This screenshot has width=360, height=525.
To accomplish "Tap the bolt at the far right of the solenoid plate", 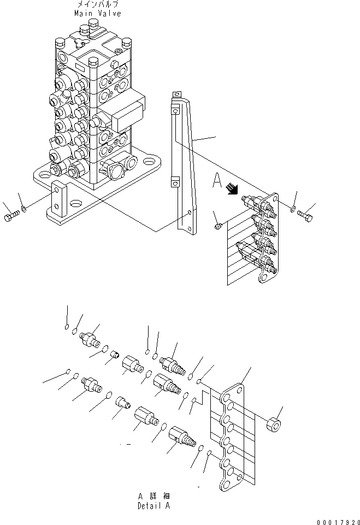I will click(x=306, y=214).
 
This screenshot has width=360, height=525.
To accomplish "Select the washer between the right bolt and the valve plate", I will click(x=294, y=208).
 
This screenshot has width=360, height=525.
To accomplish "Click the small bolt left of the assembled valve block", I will click(x=217, y=225).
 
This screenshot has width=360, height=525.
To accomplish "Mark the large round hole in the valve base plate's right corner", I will click(x=150, y=162).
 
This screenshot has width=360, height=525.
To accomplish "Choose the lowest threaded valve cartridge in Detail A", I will click(x=181, y=437).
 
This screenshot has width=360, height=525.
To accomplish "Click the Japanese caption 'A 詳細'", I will click(x=153, y=496).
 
